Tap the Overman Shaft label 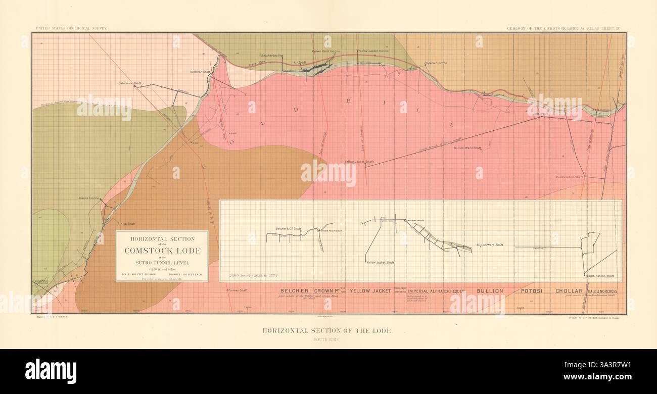click(200, 72)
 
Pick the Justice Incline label click(89, 199)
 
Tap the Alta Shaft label click(128, 223)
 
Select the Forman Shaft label click(238, 290)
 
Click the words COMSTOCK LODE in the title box click(162, 251)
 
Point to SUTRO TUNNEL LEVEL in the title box click(162, 263)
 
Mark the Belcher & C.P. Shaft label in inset click(288, 229)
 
